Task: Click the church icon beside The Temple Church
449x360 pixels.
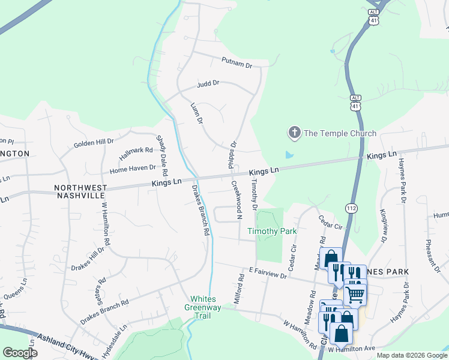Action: pyautogui.click(x=294, y=133)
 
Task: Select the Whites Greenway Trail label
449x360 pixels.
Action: pyautogui.click(x=206, y=304)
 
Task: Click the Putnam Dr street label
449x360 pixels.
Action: pyautogui.click(x=237, y=61)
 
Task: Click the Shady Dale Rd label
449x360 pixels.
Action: pyautogui.click(x=162, y=155)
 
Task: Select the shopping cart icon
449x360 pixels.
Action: pyautogui.click(x=355, y=294)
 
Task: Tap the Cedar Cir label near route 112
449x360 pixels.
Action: pyautogui.click(x=330, y=222)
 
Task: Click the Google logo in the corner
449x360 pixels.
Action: pyautogui.click(x=20, y=353)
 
